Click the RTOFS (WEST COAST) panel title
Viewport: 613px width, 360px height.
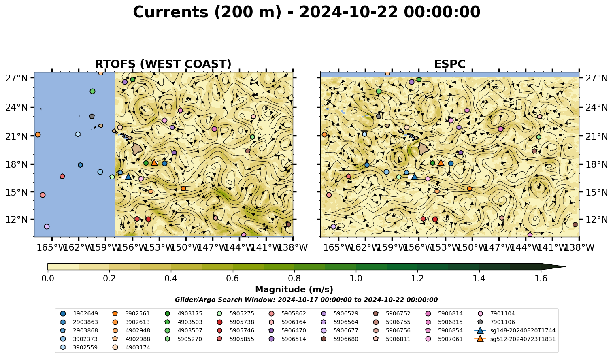[163, 64]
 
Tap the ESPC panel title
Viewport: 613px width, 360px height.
[449, 64]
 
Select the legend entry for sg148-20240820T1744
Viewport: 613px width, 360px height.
[515, 330]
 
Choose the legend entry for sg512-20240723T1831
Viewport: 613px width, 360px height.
[515, 339]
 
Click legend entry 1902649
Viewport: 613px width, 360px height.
[79, 313]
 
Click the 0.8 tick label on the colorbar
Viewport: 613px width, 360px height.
[294, 279]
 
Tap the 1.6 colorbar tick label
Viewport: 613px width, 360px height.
[541, 279]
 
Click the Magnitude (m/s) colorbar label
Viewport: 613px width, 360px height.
[294, 290]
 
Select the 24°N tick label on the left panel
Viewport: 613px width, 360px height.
[17, 107]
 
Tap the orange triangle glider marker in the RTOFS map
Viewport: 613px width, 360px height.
[154, 163]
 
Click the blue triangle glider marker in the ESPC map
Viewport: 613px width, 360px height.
[414, 177]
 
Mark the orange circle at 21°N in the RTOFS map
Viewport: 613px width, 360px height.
[38, 135]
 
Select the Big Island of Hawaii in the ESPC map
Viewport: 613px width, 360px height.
[424, 149]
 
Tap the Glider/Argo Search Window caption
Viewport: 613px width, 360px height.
[306, 300]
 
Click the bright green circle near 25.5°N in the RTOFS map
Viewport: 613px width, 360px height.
[92, 91]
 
